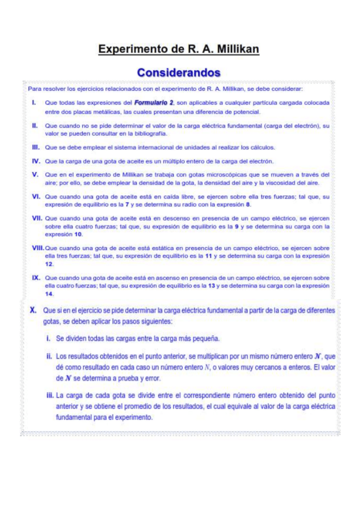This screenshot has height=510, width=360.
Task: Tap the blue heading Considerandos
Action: click(x=180, y=72)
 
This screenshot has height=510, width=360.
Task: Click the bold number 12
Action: click(x=49, y=265)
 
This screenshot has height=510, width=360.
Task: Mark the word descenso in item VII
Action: click(x=155, y=220)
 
